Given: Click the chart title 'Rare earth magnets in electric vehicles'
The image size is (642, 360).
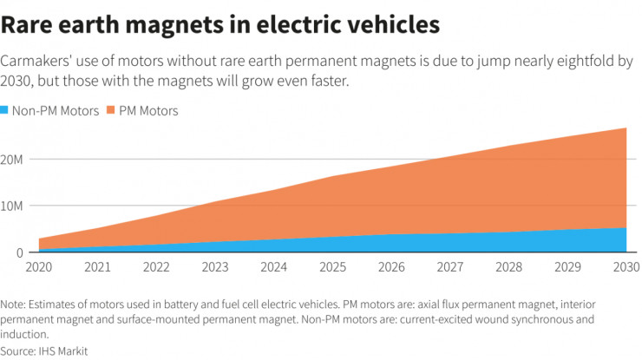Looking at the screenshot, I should pos(219,24).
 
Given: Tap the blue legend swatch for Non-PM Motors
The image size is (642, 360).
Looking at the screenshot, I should pos(5,111).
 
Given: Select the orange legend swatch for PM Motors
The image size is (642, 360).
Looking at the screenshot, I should pos(112,111).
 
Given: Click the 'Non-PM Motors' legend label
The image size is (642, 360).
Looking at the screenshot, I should pos(56,111).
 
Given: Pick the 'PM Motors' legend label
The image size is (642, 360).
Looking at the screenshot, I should pos(149,111).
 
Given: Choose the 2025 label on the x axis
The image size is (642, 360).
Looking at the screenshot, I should pos(334,268).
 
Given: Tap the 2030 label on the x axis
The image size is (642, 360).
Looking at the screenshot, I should pos(625,268).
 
